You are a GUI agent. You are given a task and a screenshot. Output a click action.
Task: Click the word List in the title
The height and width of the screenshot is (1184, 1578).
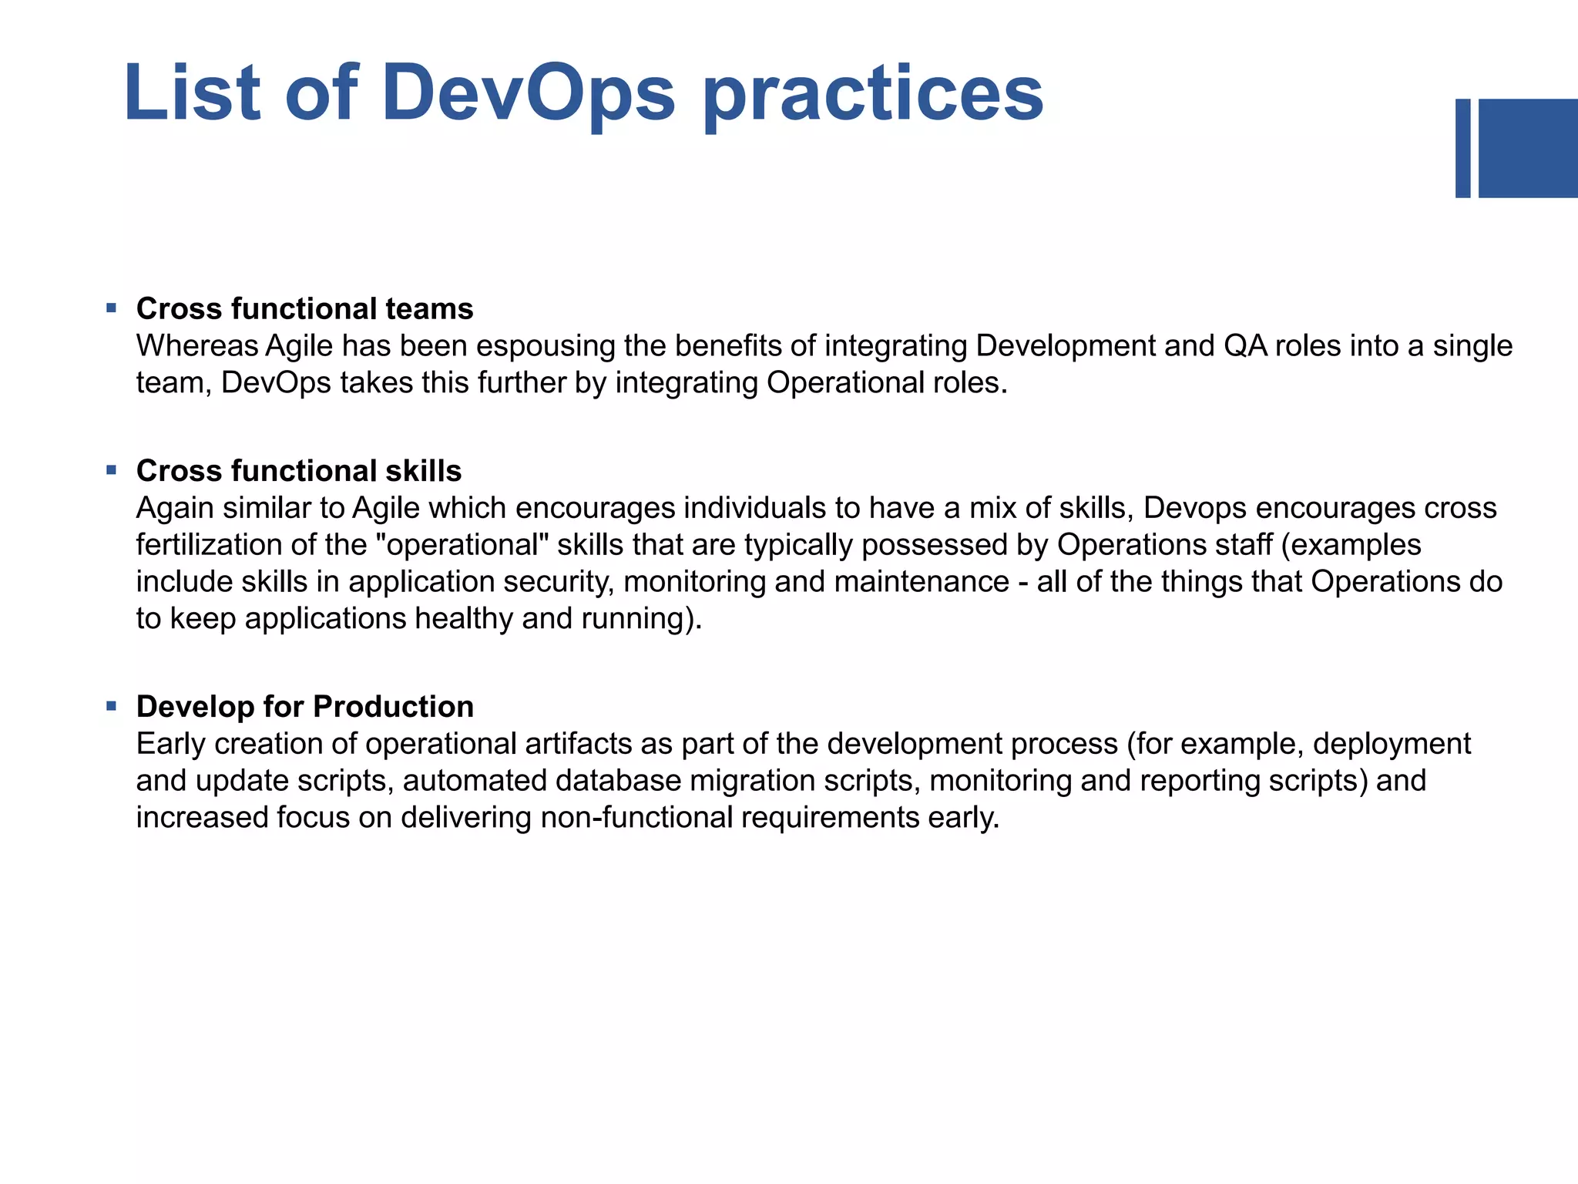[192, 93]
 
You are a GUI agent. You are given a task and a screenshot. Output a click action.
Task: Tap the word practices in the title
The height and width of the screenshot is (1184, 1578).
[873, 96]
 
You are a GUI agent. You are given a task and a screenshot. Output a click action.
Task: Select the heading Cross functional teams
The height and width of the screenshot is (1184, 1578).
[304, 308]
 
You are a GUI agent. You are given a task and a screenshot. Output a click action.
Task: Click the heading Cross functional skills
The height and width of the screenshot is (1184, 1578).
[299, 470]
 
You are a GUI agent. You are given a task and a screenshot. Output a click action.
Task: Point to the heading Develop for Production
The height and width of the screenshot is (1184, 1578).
[304, 706]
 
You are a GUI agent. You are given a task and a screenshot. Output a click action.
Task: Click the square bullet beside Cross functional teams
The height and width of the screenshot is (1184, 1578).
[112, 308]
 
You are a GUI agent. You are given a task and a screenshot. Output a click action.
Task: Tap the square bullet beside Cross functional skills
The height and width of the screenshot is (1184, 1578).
[112, 469]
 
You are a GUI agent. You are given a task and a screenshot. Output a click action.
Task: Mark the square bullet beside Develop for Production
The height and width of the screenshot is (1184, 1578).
[112, 705]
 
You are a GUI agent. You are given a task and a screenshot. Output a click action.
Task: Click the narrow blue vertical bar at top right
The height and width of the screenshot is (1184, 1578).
[1462, 148]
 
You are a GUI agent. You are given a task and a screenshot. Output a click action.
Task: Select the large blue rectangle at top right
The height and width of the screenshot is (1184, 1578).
[1528, 148]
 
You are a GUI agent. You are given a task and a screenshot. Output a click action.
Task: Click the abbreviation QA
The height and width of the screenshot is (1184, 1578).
[1244, 346]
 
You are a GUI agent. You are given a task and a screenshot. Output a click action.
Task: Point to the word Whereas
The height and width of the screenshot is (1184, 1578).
[197, 346]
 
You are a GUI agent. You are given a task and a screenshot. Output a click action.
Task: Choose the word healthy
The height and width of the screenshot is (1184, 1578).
[463, 619]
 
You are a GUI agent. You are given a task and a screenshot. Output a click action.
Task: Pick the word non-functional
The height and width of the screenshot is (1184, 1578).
[636, 818]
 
